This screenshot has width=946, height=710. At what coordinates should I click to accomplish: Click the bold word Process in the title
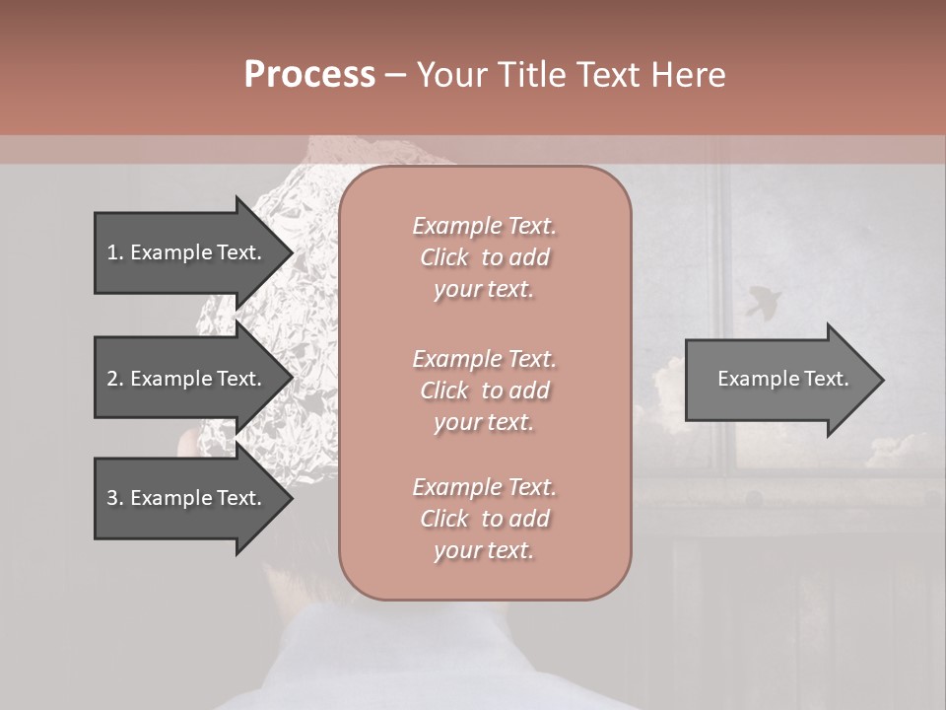click(309, 75)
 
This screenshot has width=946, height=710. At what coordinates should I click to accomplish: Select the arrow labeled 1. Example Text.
click(187, 252)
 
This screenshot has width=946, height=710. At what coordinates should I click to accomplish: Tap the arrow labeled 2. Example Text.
click(187, 379)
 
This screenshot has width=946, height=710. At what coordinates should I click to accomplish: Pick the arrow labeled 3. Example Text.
click(187, 498)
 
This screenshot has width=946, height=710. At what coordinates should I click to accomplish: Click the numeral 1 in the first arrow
click(112, 252)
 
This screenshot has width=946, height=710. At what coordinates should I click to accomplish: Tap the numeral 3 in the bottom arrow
click(112, 498)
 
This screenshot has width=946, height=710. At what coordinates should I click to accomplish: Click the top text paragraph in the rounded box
click(484, 257)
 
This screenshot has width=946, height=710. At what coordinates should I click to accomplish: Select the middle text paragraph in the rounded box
click(484, 390)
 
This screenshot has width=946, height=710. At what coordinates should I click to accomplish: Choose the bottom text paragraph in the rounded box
click(484, 519)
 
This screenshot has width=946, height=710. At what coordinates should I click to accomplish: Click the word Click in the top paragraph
click(444, 257)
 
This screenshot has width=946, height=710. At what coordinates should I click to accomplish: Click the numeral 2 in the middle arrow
click(112, 379)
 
